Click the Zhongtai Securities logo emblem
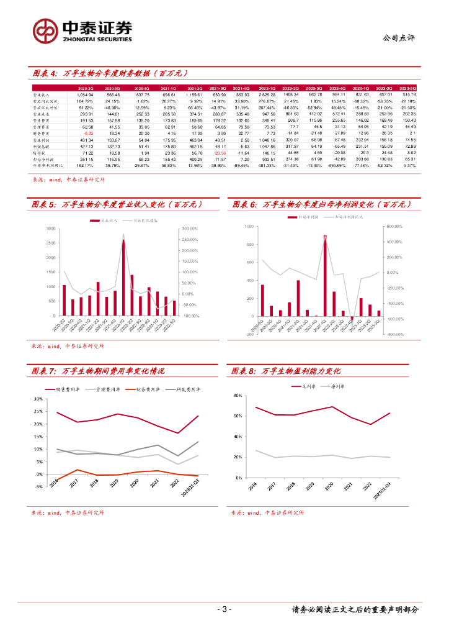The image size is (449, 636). click(45, 30)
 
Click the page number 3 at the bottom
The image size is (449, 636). click(225, 609)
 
